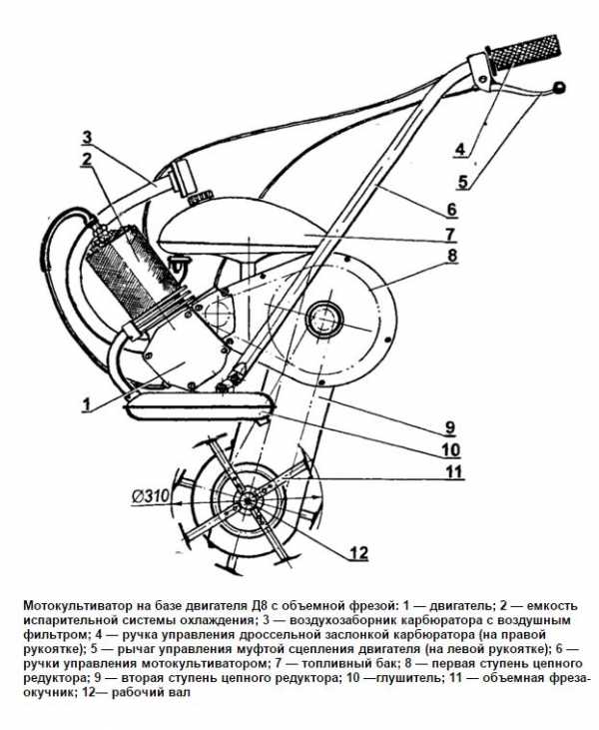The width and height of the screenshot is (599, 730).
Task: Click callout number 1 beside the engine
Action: [86, 403]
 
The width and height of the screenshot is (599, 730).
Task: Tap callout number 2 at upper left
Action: [87, 159]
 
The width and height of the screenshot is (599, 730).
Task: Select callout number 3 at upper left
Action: [87, 138]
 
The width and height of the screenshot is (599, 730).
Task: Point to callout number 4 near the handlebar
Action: [460, 150]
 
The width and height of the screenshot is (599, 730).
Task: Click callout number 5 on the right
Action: [462, 181]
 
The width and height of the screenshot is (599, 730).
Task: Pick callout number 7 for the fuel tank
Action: [450, 234]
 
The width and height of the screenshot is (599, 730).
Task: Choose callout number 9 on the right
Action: [450, 427]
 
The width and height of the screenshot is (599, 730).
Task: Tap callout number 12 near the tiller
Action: [358, 552]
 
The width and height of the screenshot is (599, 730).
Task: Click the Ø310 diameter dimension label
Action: [152, 496]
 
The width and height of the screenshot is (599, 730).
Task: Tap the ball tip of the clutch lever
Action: [558, 88]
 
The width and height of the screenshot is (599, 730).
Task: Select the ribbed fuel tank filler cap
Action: [201, 197]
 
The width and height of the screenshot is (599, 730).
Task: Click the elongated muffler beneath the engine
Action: [198, 404]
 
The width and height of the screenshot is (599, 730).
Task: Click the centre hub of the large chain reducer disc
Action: [323, 318]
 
